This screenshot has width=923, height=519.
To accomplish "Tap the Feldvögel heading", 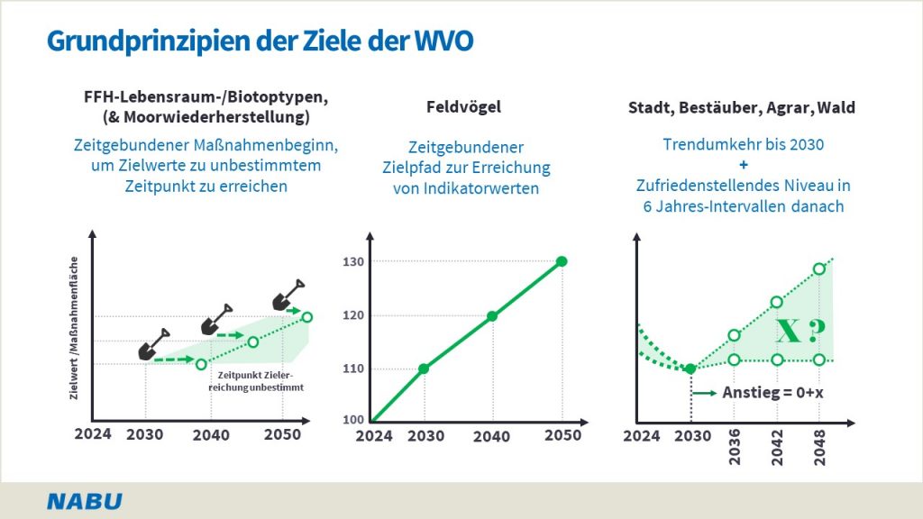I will (463, 107).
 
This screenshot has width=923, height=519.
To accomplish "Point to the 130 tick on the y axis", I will (352, 261).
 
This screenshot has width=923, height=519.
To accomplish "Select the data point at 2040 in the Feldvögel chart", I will (492, 316).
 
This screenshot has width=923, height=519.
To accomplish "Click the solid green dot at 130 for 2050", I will (562, 261).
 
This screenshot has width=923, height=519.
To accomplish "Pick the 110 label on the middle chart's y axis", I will (352, 369).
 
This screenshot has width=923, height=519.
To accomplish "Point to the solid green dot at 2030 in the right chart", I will (690, 369).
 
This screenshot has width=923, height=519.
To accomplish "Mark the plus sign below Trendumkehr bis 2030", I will (744, 165).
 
